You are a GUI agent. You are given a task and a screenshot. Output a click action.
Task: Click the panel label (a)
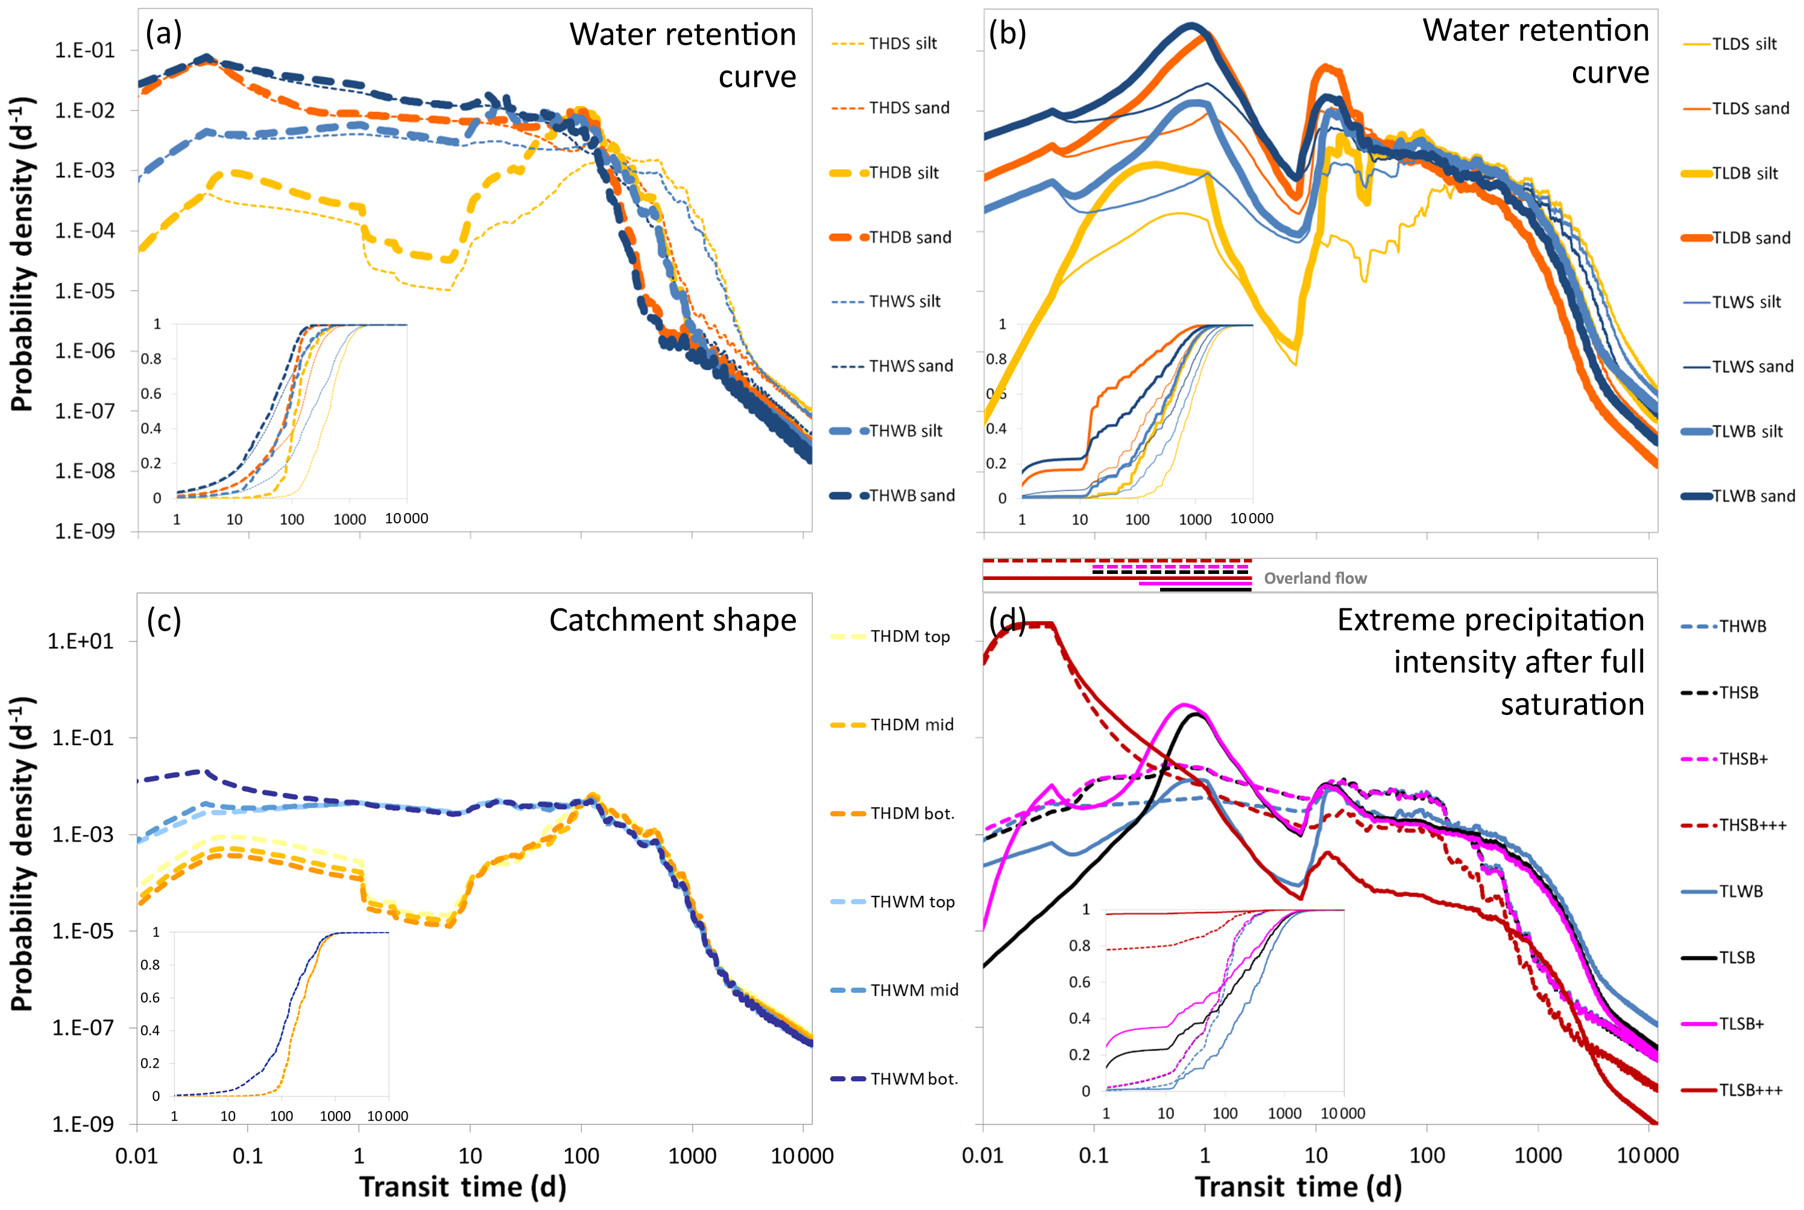click(x=163, y=34)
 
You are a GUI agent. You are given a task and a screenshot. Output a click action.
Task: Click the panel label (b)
click(x=1008, y=34)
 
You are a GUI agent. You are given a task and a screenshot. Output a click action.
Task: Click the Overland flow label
click(x=1315, y=578)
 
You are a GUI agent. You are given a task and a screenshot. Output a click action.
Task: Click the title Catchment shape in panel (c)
click(x=672, y=620)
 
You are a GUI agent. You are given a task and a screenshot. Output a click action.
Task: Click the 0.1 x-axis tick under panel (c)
click(x=248, y=1156)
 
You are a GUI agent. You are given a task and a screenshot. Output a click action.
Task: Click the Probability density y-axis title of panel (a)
click(x=23, y=254)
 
